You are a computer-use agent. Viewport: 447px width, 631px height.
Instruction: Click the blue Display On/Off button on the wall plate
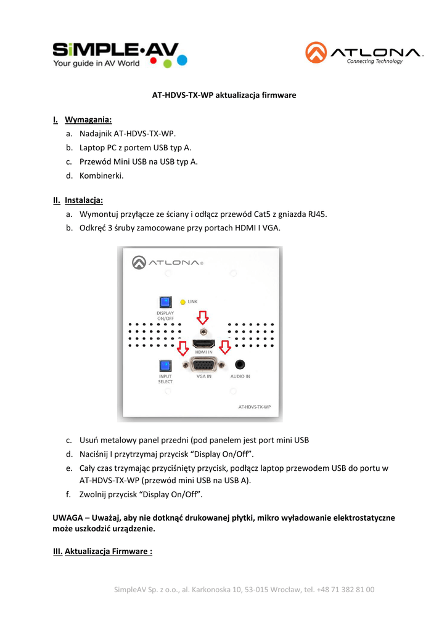click(x=165, y=303)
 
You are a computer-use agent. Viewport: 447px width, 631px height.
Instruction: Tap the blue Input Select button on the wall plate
click(x=165, y=366)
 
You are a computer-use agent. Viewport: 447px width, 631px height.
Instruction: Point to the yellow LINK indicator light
click(x=182, y=302)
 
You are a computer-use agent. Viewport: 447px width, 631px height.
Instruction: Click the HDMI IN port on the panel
click(x=203, y=344)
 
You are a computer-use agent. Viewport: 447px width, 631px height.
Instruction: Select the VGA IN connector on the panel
click(x=203, y=365)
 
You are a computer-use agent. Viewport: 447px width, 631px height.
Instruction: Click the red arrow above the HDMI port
click(x=203, y=317)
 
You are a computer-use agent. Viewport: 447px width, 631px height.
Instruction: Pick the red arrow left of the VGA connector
click(x=182, y=349)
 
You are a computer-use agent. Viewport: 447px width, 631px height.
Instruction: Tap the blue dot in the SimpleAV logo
click(x=182, y=60)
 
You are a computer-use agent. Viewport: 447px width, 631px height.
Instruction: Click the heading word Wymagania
click(x=88, y=119)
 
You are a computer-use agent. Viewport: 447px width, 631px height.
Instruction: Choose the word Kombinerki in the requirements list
click(x=102, y=176)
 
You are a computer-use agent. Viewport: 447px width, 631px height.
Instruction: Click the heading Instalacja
click(x=84, y=200)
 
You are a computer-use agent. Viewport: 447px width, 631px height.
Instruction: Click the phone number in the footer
click(x=346, y=590)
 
